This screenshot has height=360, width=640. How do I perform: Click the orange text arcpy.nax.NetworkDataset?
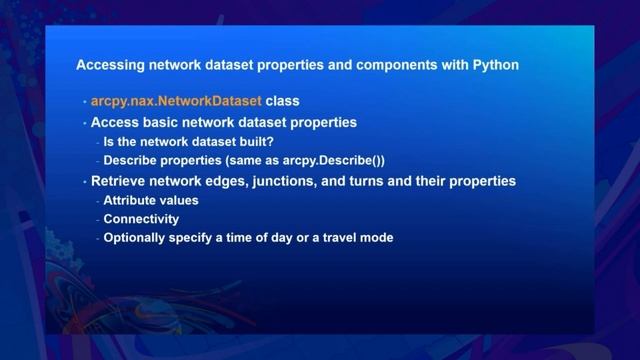click(x=176, y=102)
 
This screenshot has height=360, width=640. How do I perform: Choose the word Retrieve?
click(x=120, y=181)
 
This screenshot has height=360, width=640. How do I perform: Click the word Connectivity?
click(x=141, y=219)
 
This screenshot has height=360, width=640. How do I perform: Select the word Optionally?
click(x=138, y=238)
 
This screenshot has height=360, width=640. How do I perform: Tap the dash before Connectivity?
click(x=97, y=219)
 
